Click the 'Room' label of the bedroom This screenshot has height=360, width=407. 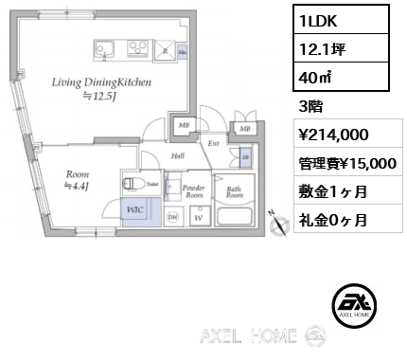(78, 174)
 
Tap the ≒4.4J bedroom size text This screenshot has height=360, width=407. (78, 186)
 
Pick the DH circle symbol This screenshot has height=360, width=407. (172, 217)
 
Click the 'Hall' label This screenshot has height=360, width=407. (177, 156)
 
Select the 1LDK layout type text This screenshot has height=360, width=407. (319, 19)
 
